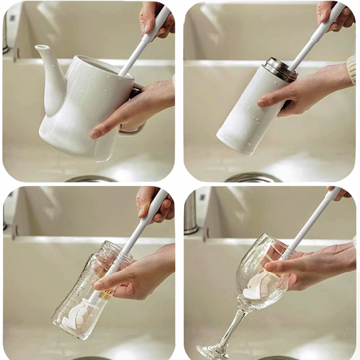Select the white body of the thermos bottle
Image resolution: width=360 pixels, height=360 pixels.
coord(247,117)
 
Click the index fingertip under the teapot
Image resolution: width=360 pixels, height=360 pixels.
coord(95,134)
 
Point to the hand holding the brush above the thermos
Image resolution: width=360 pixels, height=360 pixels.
coord(331,13)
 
